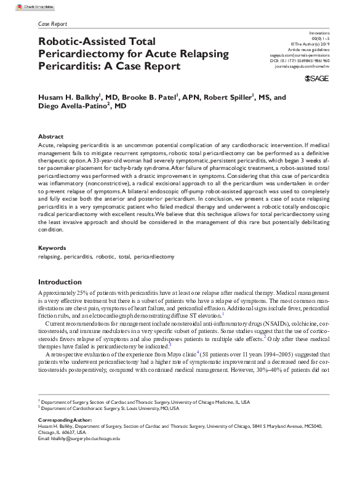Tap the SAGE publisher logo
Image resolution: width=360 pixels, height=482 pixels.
316,80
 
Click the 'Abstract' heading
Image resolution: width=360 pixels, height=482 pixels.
50,136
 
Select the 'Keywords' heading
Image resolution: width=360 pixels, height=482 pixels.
52,248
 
